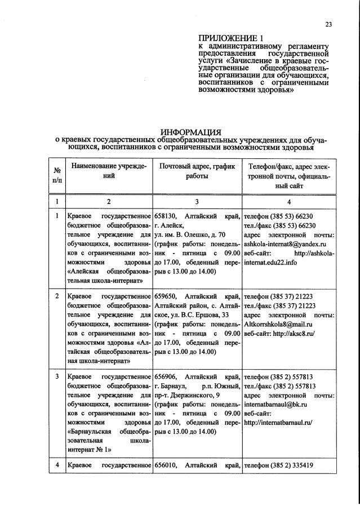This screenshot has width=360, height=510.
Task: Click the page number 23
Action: pos(328,24)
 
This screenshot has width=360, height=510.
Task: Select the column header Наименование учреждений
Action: pos(109,171)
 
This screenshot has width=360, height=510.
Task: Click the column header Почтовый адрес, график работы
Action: pos(197,171)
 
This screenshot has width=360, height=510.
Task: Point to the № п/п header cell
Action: pos(57,176)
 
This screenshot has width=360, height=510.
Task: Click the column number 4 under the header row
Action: pos(289,201)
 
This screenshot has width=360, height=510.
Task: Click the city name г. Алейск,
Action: pos(169,226)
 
